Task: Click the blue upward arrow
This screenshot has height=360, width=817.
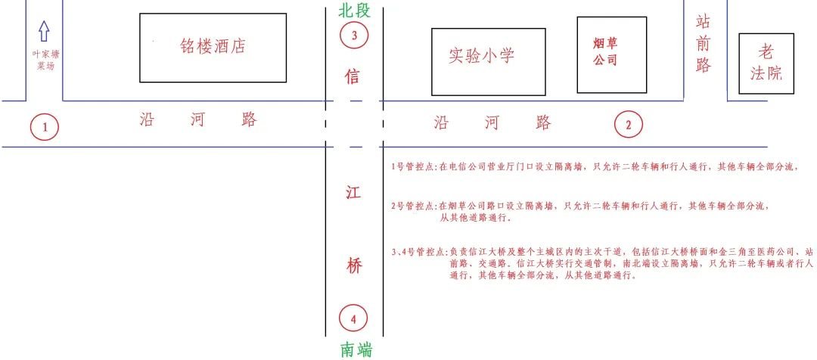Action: pyautogui.click(x=44, y=31)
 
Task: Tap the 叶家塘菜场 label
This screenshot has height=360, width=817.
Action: pyautogui.click(x=44, y=60)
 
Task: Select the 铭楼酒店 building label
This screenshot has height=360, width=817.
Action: pyautogui.click(x=213, y=46)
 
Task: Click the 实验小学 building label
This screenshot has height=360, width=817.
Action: pyautogui.click(x=481, y=55)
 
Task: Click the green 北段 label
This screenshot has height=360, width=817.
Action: pyautogui.click(x=354, y=10)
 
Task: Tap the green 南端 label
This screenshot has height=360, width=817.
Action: pyautogui.click(x=356, y=349)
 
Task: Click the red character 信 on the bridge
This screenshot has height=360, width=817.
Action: pyautogui.click(x=353, y=77)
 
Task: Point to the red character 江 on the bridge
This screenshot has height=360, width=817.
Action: pyautogui.click(x=353, y=193)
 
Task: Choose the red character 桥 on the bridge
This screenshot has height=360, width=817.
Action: pyautogui.click(x=353, y=266)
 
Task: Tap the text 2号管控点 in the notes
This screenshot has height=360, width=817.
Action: pyautogui.click(x=414, y=206)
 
